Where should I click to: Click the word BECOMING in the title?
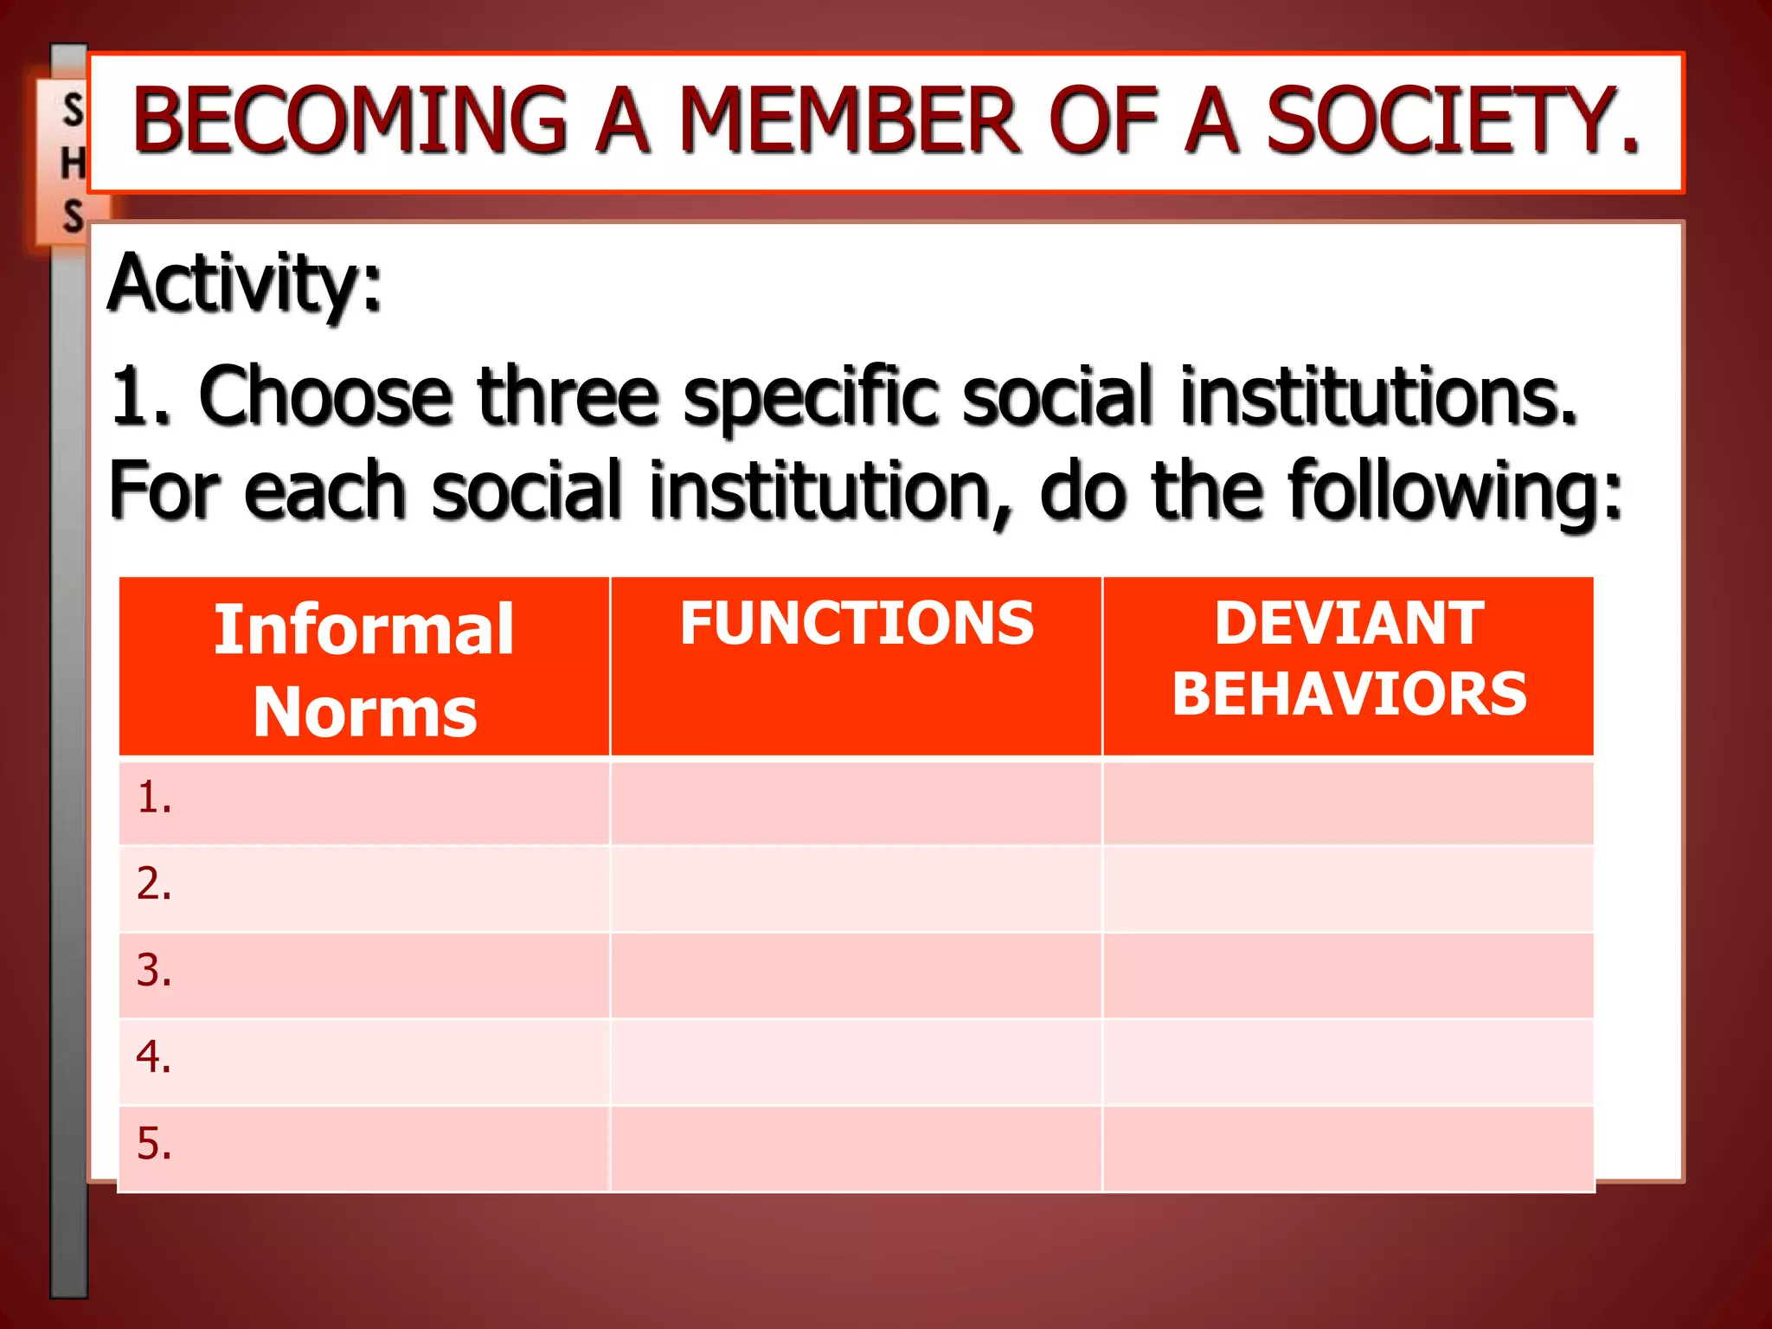click(x=350, y=120)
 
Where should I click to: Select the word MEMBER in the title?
click(x=850, y=120)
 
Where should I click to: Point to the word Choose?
click(x=325, y=395)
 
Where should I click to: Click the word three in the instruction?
click(x=568, y=395)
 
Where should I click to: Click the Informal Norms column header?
click(x=364, y=669)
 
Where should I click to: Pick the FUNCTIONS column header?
click(x=857, y=623)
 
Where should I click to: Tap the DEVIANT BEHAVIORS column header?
click(x=1349, y=658)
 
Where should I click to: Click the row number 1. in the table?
click(x=154, y=798)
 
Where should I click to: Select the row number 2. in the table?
click(x=154, y=884)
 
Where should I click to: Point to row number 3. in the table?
click(x=154, y=971)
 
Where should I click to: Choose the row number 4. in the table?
click(x=154, y=1057)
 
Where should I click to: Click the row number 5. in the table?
click(x=154, y=1144)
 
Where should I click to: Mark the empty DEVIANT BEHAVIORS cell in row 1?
click(x=1349, y=802)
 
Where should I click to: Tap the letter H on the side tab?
click(x=73, y=164)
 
